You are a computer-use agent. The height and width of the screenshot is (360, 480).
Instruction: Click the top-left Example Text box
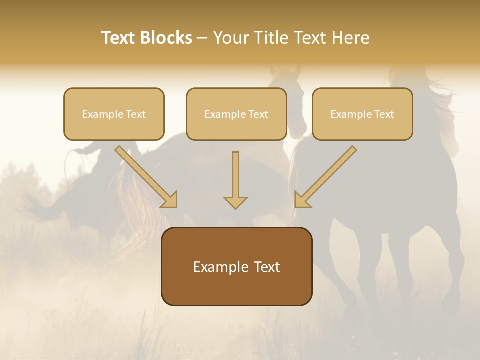click(114, 114)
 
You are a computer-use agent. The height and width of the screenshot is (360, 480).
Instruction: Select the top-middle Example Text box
click(236, 114)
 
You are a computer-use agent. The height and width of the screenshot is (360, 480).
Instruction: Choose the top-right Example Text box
click(362, 114)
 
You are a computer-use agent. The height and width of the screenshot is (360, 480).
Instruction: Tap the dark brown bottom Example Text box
click(237, 266)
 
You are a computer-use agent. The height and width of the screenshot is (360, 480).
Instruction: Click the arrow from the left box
click(145, 175)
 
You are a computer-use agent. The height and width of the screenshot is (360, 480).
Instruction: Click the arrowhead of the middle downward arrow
click(235, 202)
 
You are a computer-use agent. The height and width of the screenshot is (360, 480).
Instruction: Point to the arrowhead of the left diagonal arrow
click(170, 200)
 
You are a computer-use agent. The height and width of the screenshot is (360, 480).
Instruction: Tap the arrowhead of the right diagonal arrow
click(301, 200)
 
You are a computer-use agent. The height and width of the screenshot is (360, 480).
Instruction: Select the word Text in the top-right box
click(384, 114)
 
